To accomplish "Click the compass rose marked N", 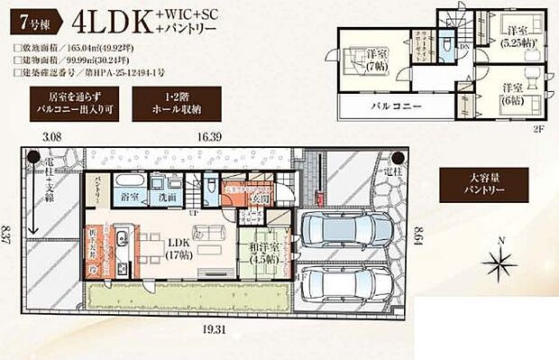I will [x=498, y=261].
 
